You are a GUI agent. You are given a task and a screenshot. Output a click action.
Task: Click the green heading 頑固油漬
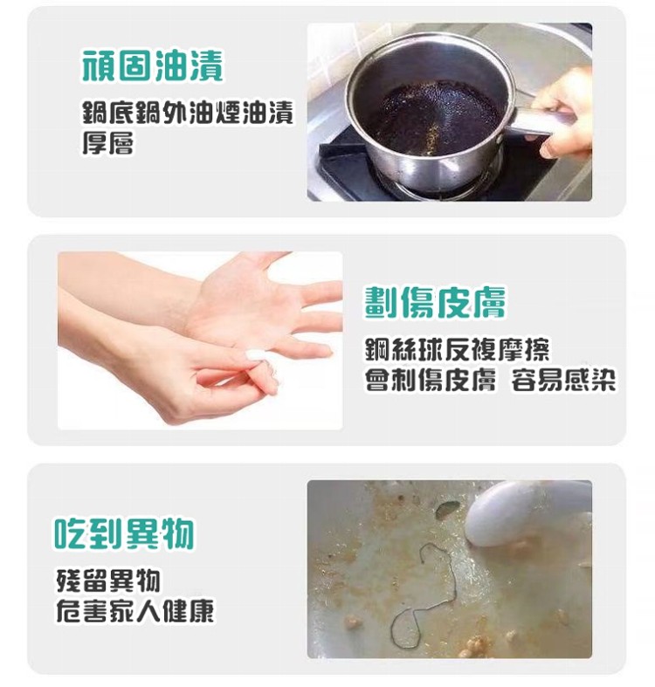153,65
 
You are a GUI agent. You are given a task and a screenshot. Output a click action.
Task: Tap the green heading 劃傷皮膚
435,302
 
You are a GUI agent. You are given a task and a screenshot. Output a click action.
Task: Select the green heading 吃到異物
124,533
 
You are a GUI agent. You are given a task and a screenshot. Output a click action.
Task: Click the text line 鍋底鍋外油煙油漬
188,113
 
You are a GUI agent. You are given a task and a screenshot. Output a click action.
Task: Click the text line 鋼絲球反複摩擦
458,349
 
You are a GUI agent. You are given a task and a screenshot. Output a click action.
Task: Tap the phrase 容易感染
564,380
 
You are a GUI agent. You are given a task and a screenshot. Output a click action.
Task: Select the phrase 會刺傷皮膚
431,380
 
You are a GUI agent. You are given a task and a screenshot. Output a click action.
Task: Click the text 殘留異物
108,581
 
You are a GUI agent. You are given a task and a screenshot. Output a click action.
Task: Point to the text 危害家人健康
135,611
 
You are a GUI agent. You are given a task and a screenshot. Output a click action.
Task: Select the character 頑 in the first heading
99,65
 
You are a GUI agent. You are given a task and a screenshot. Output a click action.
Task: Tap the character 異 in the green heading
141,533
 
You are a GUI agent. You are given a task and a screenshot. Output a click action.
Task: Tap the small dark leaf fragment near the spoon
447,508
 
